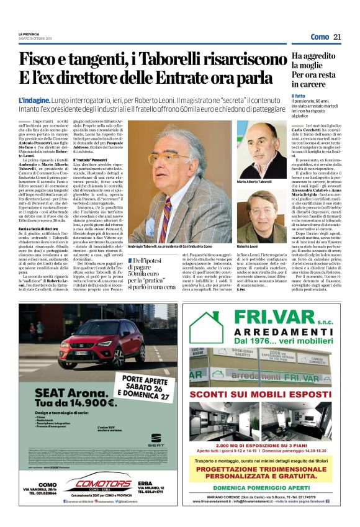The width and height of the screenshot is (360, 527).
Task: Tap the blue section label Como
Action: pos(320,37)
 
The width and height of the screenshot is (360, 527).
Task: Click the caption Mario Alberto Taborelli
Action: pos(254,182)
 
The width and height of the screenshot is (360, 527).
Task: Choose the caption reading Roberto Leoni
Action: pos(247,247)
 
